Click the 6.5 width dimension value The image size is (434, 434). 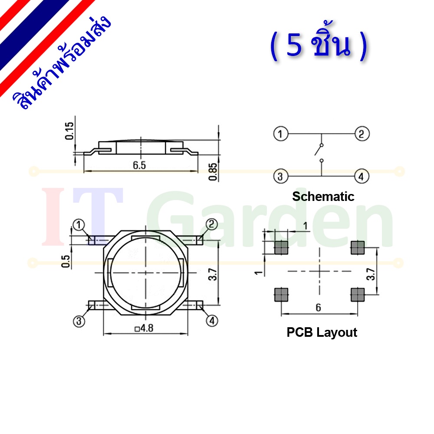click(139, 165)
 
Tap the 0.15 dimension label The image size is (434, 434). click(69, 131)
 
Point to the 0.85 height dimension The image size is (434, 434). click(213, 172)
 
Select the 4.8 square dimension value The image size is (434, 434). click(144, 328)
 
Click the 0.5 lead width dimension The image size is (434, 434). click(66, 261)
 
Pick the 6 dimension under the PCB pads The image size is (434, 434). click(318, 308)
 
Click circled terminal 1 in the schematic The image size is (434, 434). click(281, 134)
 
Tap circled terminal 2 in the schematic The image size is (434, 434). click(362, 134)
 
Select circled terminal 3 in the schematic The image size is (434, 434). click(281, 176)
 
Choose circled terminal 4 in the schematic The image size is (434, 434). click(362, 176)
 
